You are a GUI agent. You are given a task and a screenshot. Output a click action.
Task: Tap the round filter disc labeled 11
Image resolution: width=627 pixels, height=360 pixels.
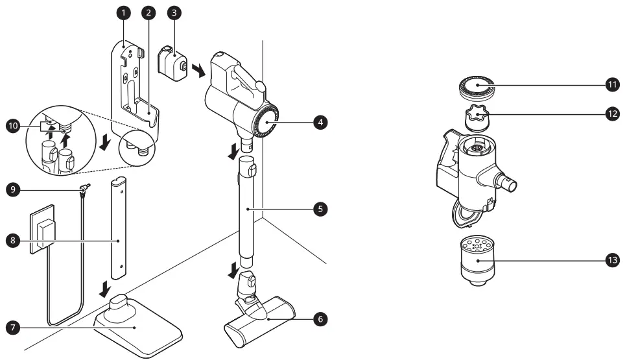[479, 87]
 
